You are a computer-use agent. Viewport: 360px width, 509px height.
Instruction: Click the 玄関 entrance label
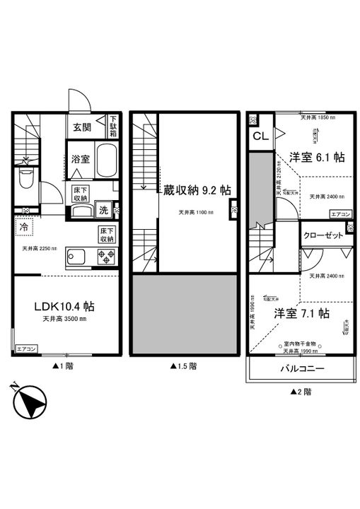pos(82,128)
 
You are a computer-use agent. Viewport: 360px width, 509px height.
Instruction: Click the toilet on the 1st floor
pos(25,180)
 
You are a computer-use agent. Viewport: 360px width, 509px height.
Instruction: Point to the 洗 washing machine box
pos(103,209)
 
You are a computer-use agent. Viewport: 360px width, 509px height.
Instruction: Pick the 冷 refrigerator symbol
pos(24,228)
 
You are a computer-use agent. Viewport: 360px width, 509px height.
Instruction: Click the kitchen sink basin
pos(75,257)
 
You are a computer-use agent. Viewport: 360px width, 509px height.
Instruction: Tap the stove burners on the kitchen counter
pos(103,257)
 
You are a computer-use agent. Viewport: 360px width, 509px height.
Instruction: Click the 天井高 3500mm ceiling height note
pos(63,320)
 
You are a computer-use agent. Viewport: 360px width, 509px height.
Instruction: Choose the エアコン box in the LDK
pos(25,349)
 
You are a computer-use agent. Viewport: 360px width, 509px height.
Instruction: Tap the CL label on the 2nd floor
pos(260,137)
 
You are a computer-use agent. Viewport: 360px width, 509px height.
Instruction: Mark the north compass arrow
pos(28,402)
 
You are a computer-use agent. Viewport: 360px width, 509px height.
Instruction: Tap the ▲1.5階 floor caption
pos(183,366)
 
